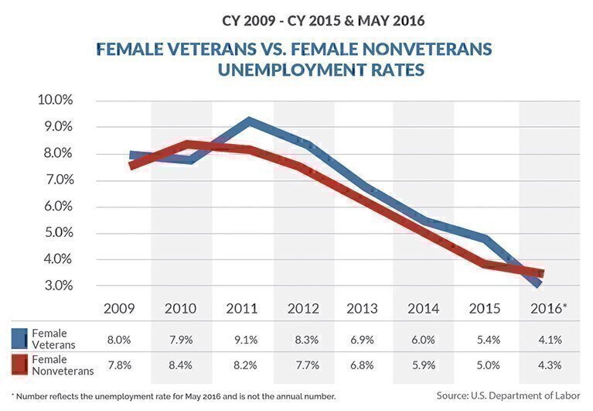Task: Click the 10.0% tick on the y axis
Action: pos(55,101)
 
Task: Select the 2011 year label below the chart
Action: pos(242,308)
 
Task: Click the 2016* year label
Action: pos(548,308)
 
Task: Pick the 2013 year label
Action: pos(363,308)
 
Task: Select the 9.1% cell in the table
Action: pos(242,340)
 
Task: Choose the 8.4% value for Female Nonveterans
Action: pos(181,365)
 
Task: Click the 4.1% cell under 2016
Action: pos(548,340)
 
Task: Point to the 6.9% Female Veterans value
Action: pos(363,340)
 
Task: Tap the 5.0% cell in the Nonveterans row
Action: pos(486,365)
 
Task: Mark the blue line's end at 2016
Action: pos(537,284)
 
